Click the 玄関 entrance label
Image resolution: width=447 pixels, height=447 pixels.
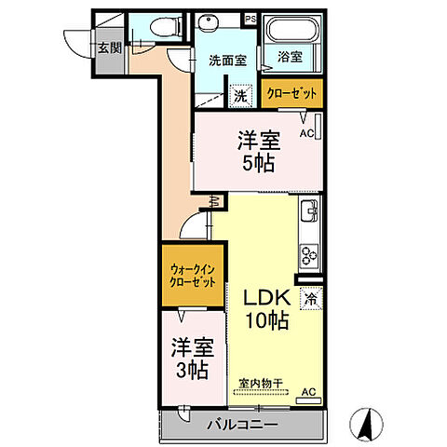coord(109,46)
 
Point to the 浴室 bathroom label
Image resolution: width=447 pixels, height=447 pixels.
coord(291,56)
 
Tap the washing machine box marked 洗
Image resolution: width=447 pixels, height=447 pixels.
coord(240,94)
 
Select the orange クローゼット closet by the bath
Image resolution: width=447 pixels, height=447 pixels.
coord(292,93)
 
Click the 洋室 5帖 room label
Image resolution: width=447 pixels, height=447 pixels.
coord(258,150)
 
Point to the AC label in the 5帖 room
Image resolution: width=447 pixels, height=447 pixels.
coord(305,133)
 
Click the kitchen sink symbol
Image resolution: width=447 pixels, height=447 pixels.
coord(309,212)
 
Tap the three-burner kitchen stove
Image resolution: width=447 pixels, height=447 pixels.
coord(309,251)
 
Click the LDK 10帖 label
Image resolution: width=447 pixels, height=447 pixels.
coord(265,309)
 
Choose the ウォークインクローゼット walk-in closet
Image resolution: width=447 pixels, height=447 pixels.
coord(193,276)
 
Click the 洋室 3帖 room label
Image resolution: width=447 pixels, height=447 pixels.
coord(193,358)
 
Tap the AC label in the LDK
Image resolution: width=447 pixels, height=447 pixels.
coord(307,393)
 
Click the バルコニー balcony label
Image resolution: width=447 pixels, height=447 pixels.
coord(240,425)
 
